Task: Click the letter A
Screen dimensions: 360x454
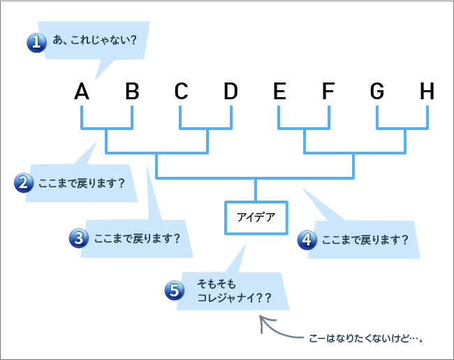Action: (82, 91)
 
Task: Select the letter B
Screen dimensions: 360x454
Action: (132, 91)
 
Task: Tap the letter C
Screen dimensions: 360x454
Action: (181, 91)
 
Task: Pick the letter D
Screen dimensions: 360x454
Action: (230, 91)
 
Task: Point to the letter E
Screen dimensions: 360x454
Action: (279, 91)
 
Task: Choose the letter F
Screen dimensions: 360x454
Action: (328, 91)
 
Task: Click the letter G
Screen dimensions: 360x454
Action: (377, 91)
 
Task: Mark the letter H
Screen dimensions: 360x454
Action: (427, 91)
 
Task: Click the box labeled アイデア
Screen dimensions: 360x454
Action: (256, 217)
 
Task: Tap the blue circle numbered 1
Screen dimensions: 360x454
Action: (36, 43)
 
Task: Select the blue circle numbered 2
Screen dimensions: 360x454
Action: (24, 183)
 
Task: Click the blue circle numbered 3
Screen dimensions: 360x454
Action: (78, 238)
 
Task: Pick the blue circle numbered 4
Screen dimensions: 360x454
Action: (307, 239)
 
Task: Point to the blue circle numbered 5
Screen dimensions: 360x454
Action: (175, 290)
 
